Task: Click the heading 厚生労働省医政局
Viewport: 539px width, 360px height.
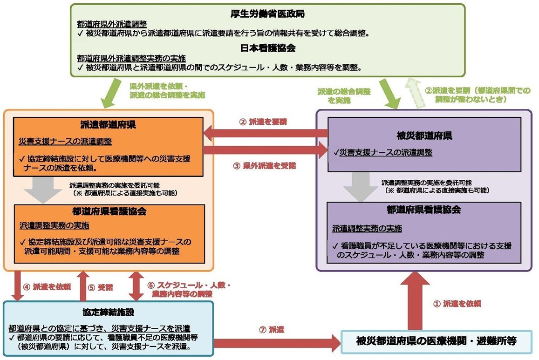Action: [268, 14]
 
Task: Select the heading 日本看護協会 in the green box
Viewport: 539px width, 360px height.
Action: [268, 48]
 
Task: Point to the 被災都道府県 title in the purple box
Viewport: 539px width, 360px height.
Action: [424, 137]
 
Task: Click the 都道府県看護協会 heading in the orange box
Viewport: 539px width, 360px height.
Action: [110, 211]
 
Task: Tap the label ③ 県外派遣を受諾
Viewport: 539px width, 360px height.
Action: [264, 165]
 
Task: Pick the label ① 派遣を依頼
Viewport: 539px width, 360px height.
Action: [457, 304]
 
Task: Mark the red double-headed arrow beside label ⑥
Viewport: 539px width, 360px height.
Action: [136, 286]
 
